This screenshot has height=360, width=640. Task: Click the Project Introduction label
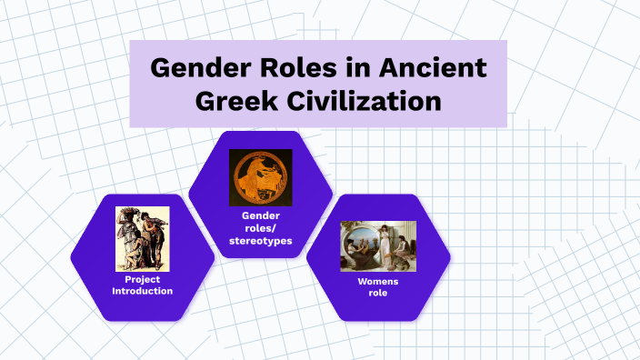coord(142,285)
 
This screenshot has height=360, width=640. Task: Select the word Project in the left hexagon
coord(142,279)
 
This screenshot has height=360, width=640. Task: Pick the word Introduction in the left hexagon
coord(142,291)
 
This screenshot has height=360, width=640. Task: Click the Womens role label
coord(378,287)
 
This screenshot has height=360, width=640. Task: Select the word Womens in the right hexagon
coord(378,282)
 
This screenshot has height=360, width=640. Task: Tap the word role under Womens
coord(378,294)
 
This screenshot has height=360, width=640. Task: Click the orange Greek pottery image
coord(260,177)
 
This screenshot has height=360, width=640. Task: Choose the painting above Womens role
coord(378,245)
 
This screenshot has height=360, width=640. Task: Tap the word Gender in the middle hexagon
coord(260,215)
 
